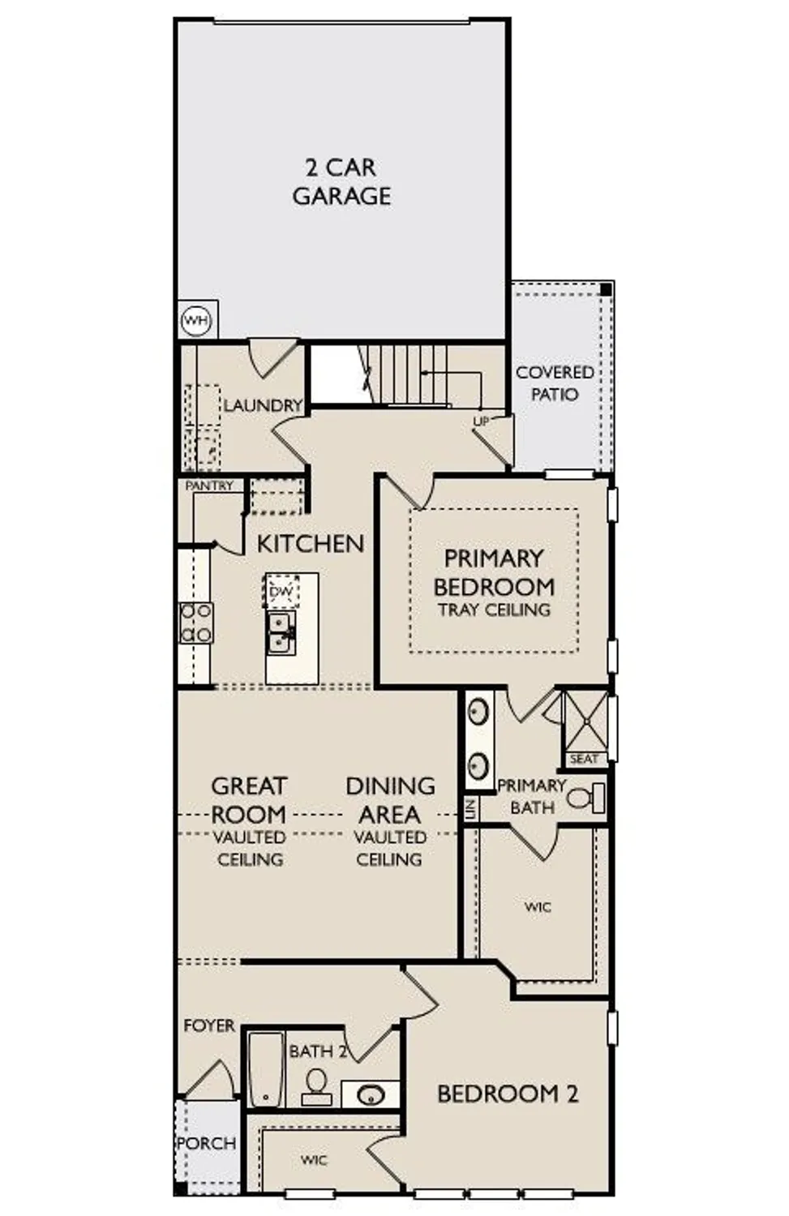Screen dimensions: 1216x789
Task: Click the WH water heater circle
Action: (196, 320)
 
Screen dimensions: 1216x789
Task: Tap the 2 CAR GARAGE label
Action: (341, 182)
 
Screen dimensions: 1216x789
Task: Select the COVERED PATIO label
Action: (555, 383)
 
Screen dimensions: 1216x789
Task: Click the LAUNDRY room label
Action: (262, 405)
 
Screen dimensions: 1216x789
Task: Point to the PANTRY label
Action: (209, 486)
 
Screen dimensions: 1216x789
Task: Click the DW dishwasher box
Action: (281, 591)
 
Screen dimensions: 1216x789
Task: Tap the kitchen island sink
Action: (281, 632)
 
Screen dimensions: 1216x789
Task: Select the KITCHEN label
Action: (311, 543)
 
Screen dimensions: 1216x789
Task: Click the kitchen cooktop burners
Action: (196, 623)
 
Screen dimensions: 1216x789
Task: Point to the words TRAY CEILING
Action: (494, 610)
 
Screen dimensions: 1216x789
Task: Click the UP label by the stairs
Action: (481, 422)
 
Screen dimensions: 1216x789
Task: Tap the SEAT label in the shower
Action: (584, 760)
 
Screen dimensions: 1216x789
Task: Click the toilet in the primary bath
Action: (585, 798)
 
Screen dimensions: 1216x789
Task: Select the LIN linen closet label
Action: (470, 809)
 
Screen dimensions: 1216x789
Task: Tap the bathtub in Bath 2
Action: (265, 1069)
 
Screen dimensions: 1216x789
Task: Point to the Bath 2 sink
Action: (371, 1095)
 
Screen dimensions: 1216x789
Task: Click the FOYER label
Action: (209, 1025)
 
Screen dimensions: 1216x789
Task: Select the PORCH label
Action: (207, 1143)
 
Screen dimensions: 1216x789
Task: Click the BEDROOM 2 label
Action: (508, 1094)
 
